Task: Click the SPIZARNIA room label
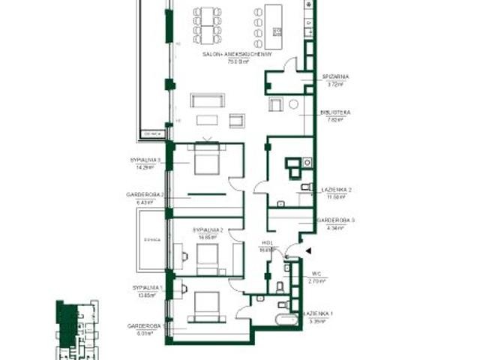tap(335, 76)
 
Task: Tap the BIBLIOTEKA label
tap(335, 112)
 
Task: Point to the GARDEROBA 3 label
tap(334, 220)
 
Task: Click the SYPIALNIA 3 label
tap(143, 160)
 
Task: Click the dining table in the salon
tap(207, 25)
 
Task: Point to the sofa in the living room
tap(207, 100)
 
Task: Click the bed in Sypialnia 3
tap(205, 159)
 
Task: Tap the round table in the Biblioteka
tap(293, 103)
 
